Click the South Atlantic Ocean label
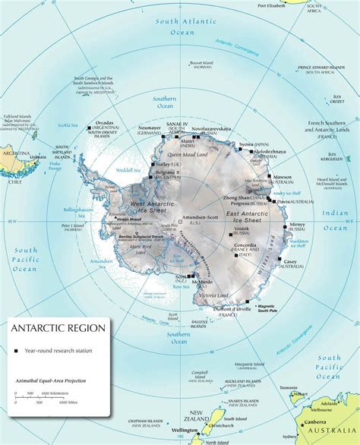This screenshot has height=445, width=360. coord(177,27)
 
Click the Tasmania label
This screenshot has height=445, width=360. coord(289,387)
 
